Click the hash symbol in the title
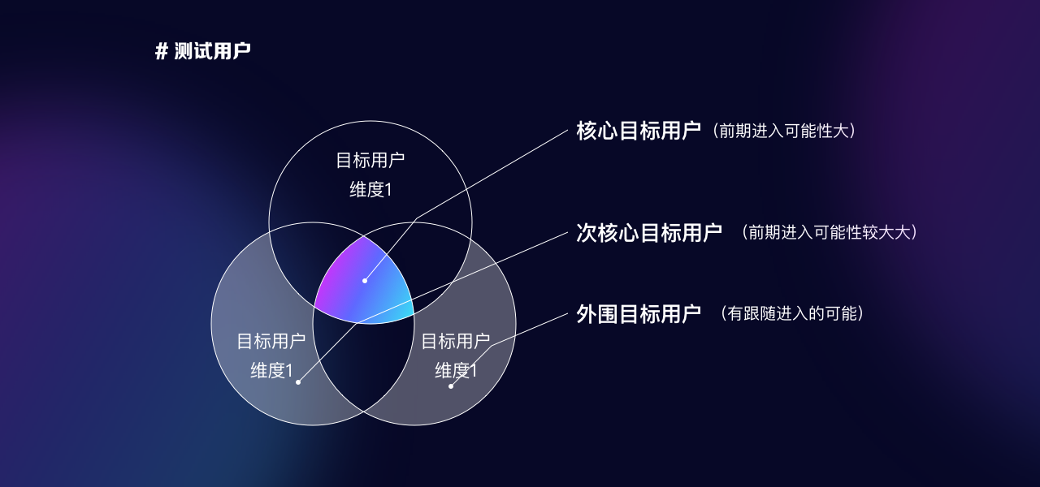(x=161, y=51)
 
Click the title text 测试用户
(x=213, y=51)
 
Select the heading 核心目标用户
(x=639, y=131)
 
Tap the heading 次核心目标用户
(x=649, y=232)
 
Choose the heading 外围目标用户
(x=639, y=314)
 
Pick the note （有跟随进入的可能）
(x=792, y=314)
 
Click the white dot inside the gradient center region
(x=365, y=281)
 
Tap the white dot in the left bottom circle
(x=298, y=382)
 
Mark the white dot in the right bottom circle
(x=451, y=386)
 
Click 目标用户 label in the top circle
(x=370, y=161)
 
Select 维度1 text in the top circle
(x=370, y=190)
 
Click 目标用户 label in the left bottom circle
(x=271, y=342)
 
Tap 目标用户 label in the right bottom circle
(x=456, y=342)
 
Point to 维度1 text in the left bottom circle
(x=271, y=371)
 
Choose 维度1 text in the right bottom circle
(x=456, y=371)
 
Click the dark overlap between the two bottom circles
(x=363, y=366)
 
